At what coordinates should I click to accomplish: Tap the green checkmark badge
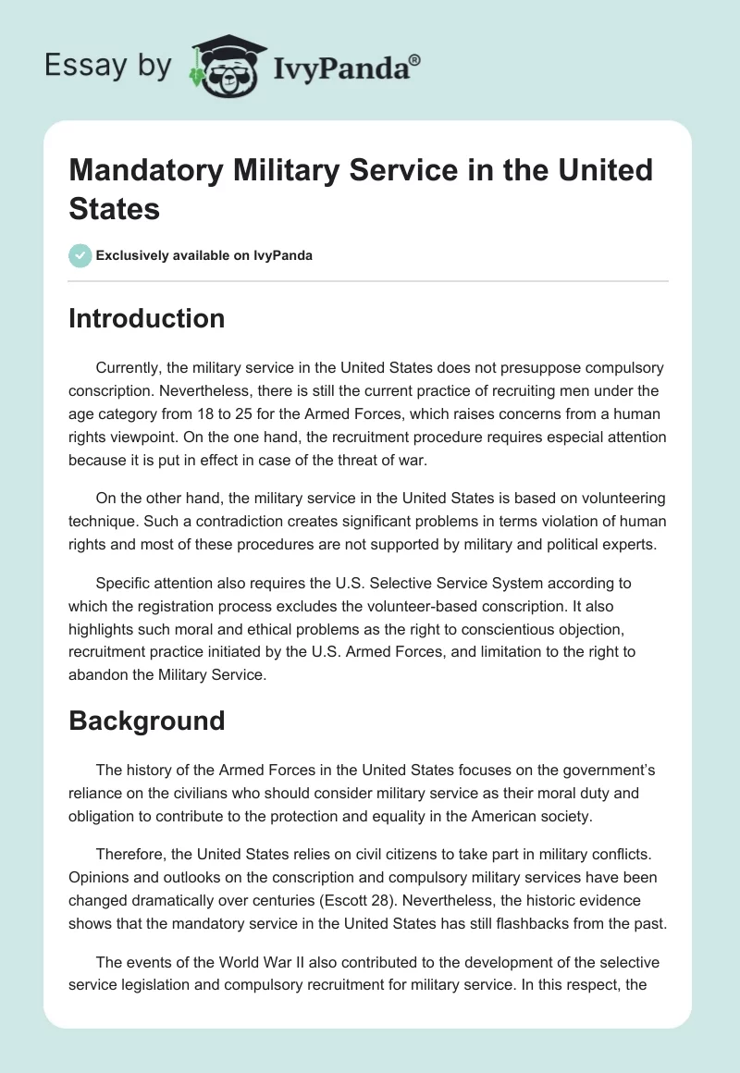tap(80, 255)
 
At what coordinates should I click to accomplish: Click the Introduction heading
tap(146, 318)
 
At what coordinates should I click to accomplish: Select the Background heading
tap(146, 721)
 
